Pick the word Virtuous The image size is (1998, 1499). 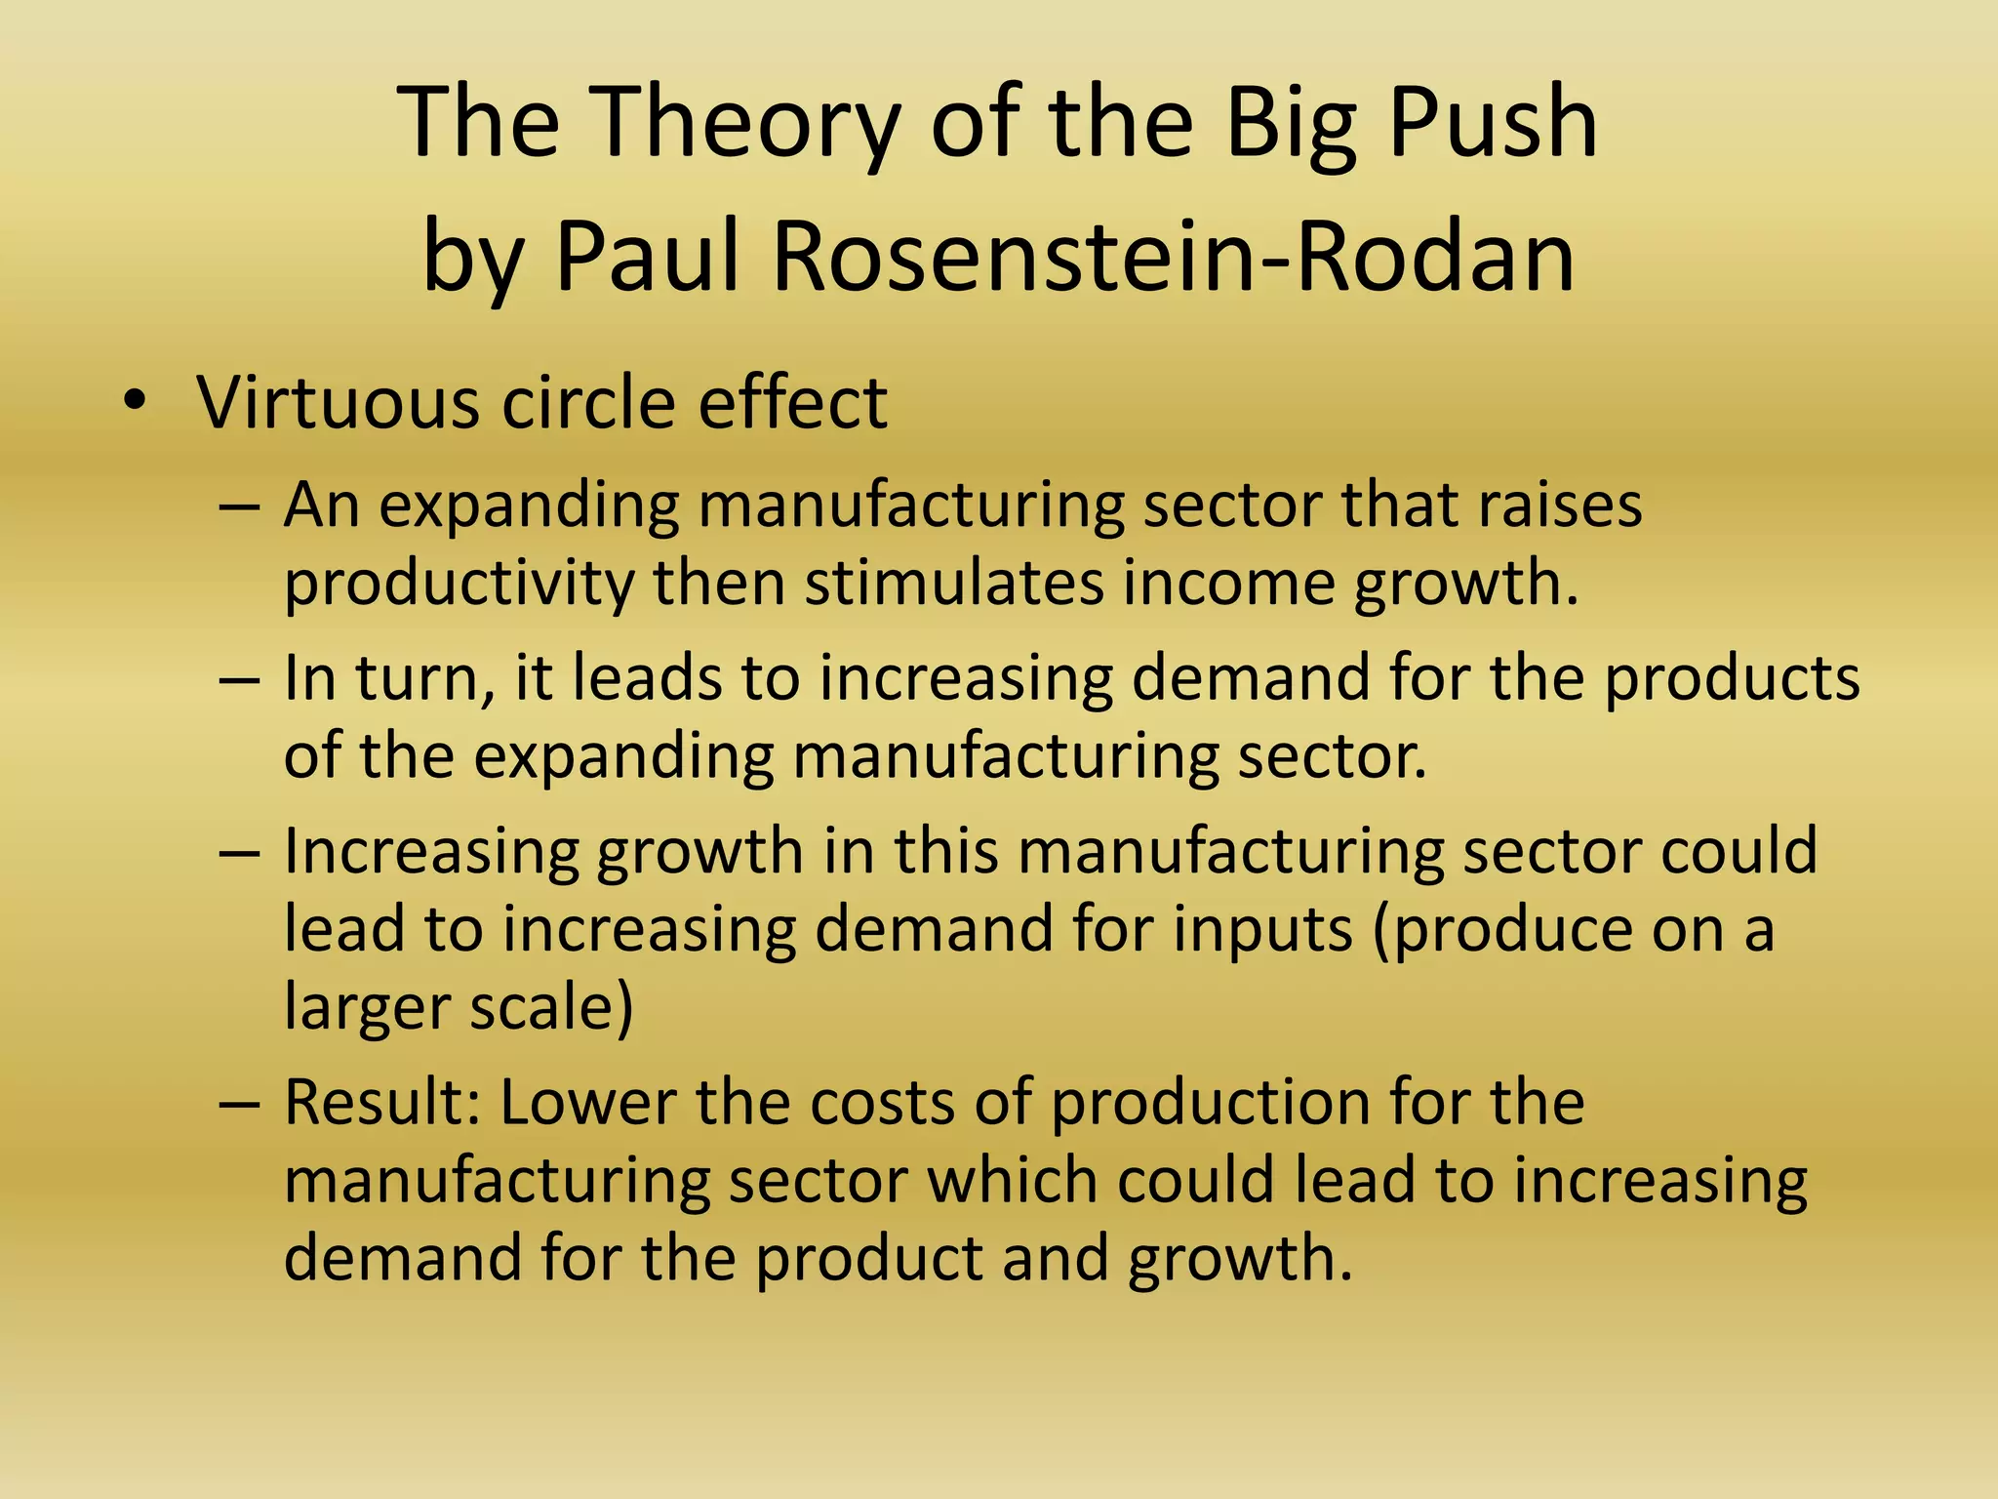[x=338, y=401]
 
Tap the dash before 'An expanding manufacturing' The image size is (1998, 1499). [x=240, y=507]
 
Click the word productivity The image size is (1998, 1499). [x=459, y=584]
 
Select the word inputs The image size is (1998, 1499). [x=1262, y=929]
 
